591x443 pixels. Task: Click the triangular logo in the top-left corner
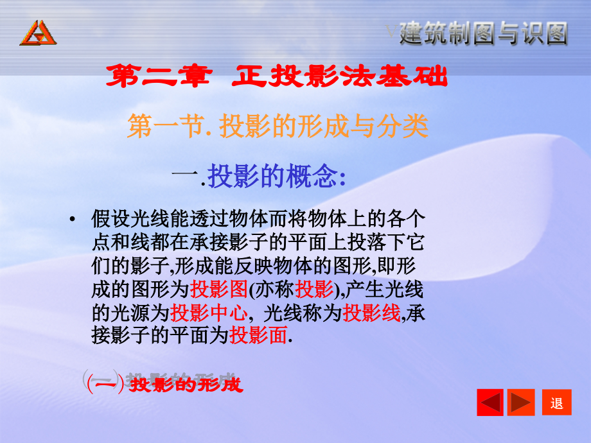[x=38, y=33]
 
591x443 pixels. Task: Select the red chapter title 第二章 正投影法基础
[x=276, y=78]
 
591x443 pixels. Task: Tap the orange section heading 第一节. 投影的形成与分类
[x=277, y=126]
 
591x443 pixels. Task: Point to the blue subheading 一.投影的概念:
[x=260, y=176]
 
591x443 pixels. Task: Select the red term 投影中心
[x=209, y=312]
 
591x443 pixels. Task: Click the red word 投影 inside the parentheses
[x=314, y=290]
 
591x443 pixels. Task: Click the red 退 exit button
[x=556, y=403]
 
